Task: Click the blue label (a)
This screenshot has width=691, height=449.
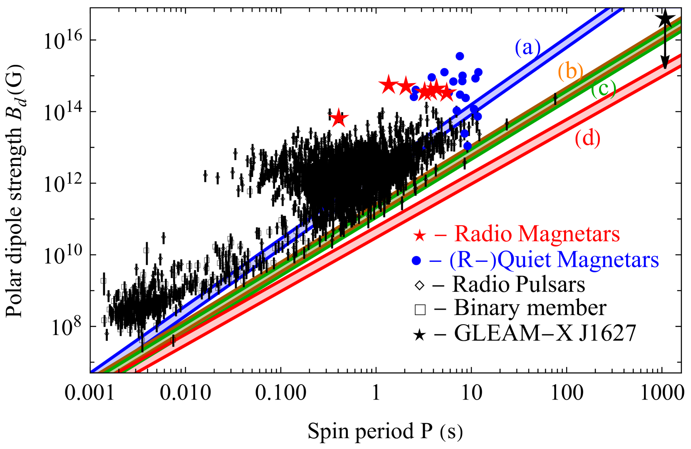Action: coord(528,47)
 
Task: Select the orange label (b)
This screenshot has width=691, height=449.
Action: coord(570,71)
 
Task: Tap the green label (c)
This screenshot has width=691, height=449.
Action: coord(603,89)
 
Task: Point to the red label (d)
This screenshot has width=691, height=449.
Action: coord(587,138)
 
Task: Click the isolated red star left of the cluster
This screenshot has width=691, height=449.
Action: coord(339,118)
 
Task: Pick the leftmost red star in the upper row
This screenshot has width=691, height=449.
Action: coord(388,85)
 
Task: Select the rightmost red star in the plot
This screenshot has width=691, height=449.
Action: coord(447,92)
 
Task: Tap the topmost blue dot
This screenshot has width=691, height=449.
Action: coord(460,56)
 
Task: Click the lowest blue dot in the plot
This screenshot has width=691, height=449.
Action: coord(467,146)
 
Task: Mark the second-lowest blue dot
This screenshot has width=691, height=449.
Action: coord(465,133)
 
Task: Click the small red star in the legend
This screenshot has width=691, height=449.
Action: coord(419,236)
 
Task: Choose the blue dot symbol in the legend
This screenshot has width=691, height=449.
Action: coord(416,261)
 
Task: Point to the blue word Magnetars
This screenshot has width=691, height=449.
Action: coord(608,260)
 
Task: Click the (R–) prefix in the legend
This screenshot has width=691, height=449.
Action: coord(473,261)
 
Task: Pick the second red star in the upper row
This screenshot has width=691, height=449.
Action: coord(406,86)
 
